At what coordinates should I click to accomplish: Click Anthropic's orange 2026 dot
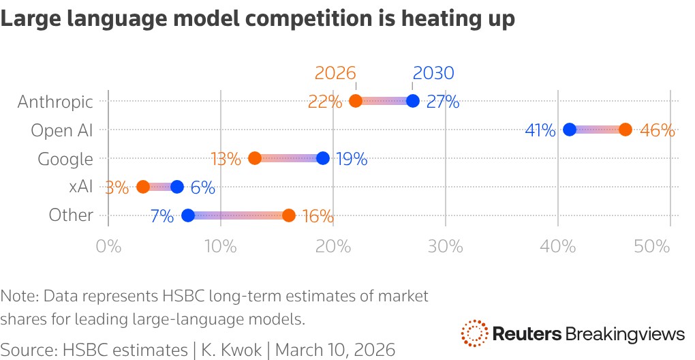[356, 102]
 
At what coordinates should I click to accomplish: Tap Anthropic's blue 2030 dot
[412, 102]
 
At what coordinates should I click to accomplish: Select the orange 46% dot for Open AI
[625, 130]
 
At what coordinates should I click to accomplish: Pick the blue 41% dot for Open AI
[570, 130]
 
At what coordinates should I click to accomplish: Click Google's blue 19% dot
[323, 158]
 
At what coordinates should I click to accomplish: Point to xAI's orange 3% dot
[143, 187]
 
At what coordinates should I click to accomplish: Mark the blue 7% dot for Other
[188, 215]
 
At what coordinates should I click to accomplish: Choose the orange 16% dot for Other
[289, 215]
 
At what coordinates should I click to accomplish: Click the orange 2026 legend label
[335, 73]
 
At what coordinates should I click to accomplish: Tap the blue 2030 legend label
[433, 73]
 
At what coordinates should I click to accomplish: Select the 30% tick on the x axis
[445, 245]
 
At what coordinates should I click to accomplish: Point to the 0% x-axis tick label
[108, 245]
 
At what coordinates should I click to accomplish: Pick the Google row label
[65, 159]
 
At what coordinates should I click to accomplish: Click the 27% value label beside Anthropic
[443, 103]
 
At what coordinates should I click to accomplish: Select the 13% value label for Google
[226, 160]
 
